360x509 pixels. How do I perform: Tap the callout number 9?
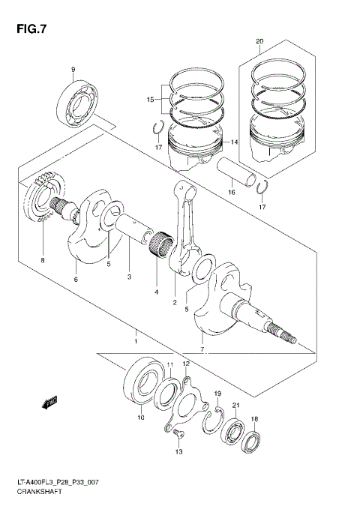(73, 70)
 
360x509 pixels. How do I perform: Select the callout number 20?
(259, 41)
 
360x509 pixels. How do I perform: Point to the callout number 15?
(150, 99)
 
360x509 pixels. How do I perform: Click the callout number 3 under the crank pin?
(129, 277)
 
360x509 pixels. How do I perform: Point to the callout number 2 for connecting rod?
(174, 303)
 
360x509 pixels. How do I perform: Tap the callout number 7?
(202, 349)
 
